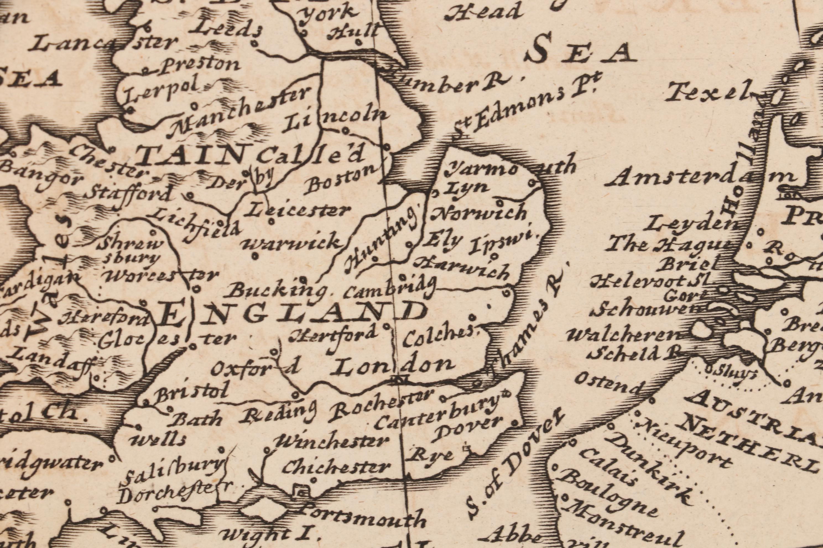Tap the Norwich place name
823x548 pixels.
click(479, 213)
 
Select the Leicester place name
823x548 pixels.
click(298, 211)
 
